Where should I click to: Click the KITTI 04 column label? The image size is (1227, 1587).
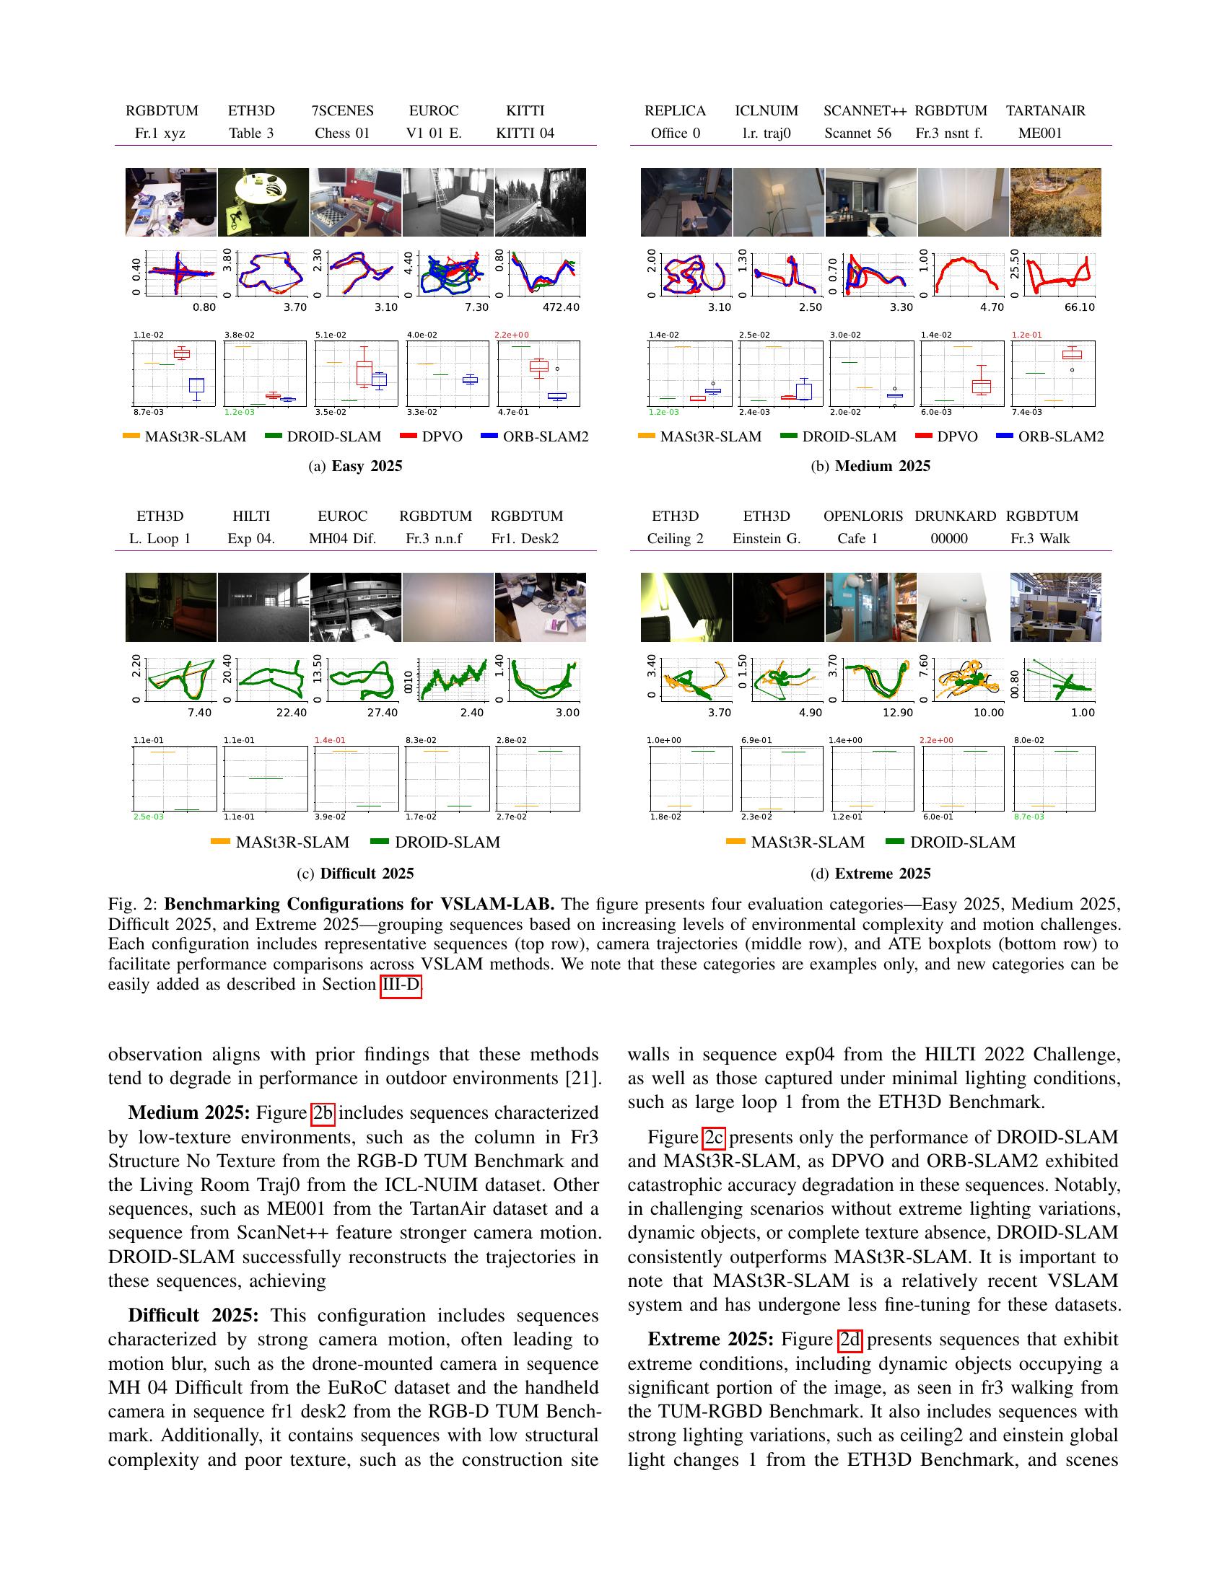[x=525, y=133]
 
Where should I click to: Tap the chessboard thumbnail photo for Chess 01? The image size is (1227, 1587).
[x=355, y=202]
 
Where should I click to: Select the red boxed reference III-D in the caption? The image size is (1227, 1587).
[x=401, y=985]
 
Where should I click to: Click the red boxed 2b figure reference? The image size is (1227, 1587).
[x=323, y=1113]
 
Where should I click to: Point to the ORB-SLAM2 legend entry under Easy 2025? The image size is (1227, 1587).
[x=535, y=436]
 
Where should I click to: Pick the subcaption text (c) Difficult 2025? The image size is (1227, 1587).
[x=355, y=874]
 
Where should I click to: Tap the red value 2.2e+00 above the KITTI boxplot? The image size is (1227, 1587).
[x=512, y=335]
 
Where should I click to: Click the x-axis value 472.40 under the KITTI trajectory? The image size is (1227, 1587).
[x=560, y=307]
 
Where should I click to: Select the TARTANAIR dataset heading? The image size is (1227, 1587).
[x=1045, y=110]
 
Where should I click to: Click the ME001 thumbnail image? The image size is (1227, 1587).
[x=1055, y=202]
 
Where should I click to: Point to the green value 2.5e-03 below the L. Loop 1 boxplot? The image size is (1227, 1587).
[x=148, y=817]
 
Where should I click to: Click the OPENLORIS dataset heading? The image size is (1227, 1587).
[x=863, y=516]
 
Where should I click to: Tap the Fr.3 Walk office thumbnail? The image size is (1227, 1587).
[x=1055, y=607]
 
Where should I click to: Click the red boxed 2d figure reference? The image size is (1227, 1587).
[x=850, y=1340]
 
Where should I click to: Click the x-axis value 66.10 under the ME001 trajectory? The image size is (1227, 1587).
[x=1079, y=307]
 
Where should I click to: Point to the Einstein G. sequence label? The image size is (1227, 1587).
[x=766, y=538]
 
